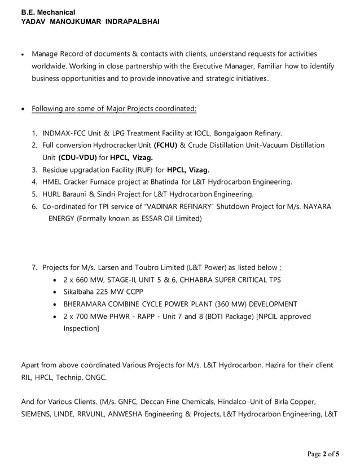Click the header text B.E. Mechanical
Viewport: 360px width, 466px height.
[48, 11]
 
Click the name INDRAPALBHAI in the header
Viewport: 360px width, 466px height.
[133, 21]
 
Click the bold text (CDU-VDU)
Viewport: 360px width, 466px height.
[77, 157]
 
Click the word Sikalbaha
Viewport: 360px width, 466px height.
[80, 292]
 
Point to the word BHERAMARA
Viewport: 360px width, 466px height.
[86, 304]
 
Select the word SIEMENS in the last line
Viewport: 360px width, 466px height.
[37, 414]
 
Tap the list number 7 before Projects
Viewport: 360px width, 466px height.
[34, 267]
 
